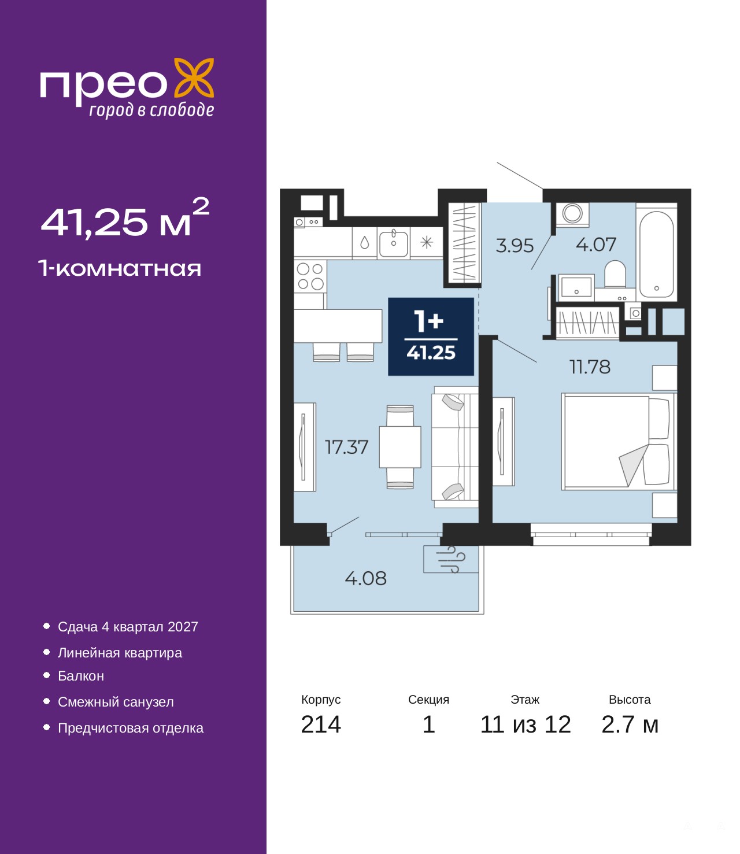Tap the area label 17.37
346,447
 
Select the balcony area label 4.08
365,578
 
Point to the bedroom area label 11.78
590,367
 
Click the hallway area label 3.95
515,246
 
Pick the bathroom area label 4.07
596,245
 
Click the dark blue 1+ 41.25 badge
431,337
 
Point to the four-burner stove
310,276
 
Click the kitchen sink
393,243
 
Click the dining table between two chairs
400,447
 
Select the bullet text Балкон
81,676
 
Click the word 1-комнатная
120,268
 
